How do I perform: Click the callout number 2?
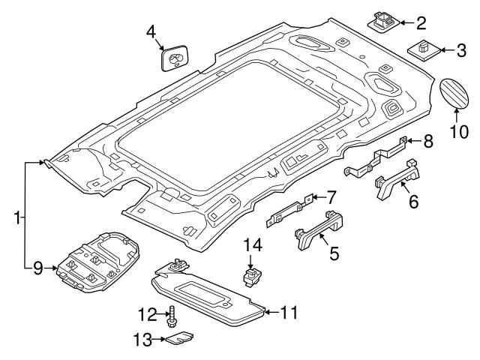(x=421, y=21)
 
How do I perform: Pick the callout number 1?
(x=16, y=218)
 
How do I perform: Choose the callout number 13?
(x=140, y=340)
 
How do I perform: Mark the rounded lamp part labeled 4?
(x=174, y=59)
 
